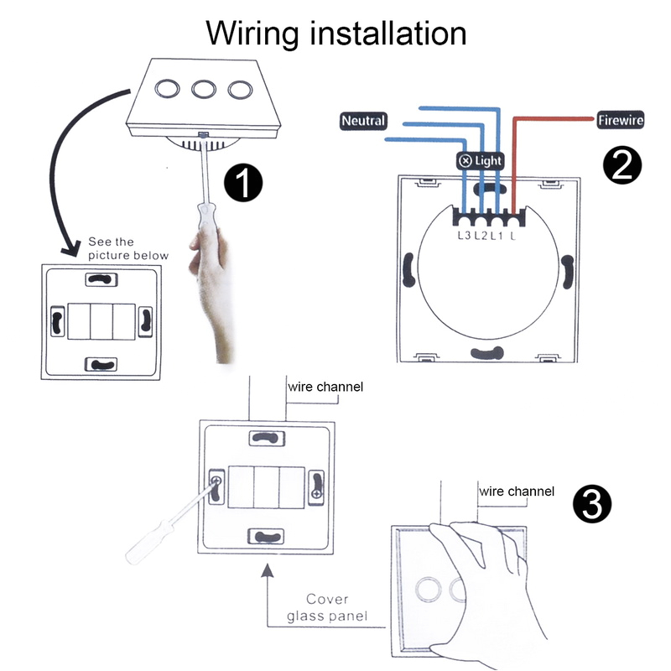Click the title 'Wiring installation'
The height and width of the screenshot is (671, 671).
point(336,33)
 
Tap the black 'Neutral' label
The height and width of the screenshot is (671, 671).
point(363,121)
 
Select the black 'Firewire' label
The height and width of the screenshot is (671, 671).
point(620,121)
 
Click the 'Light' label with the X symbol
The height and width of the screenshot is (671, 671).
point(481,160)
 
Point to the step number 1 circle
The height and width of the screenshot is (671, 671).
point(242,183)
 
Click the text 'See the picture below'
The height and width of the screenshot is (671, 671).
point(127,248)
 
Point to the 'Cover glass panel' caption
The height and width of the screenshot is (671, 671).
point(327,608)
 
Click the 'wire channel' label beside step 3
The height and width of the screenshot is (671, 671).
point(516,492)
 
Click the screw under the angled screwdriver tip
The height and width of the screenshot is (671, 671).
point(217,482)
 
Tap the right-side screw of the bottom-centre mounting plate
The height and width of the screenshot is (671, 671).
point(317,495)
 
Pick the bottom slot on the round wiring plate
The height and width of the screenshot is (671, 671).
point(486,351)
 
